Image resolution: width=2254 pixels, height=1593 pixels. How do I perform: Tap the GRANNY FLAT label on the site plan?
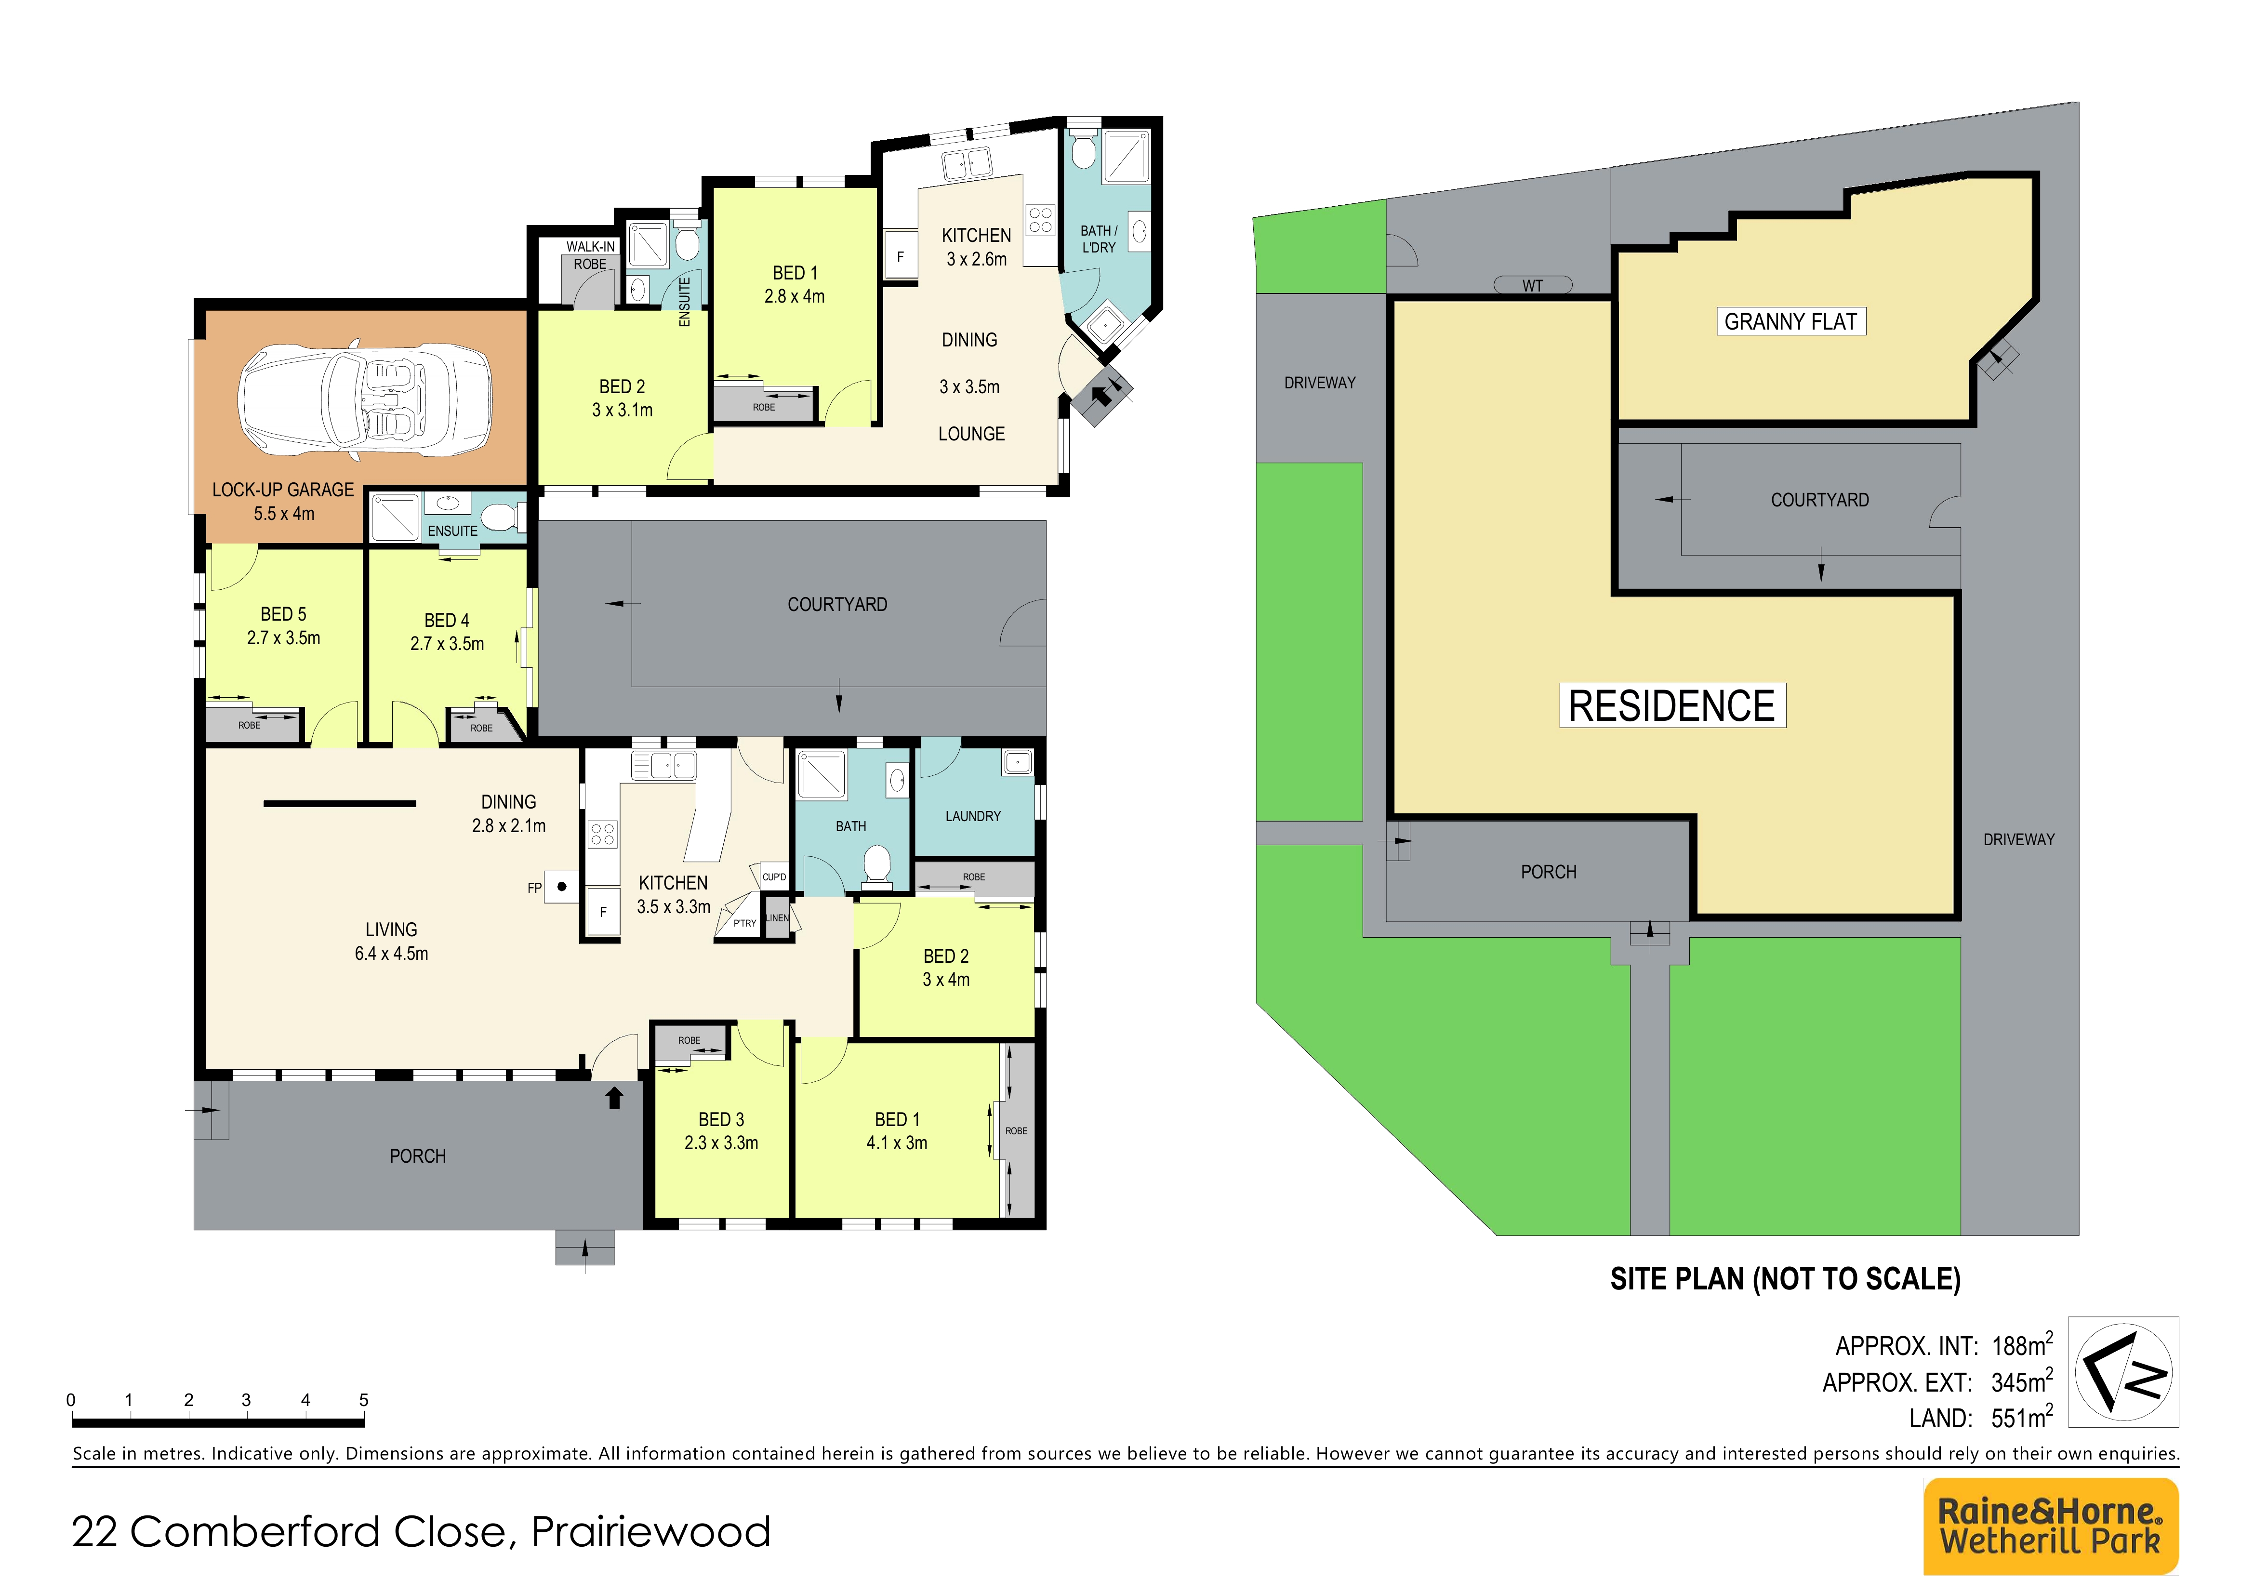pos(1790,322)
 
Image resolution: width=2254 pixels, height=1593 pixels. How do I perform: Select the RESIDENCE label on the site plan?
pos(1672,706)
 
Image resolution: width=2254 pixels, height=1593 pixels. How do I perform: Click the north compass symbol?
pos(2123,1371)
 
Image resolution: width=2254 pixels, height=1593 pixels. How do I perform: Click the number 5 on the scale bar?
pos(363,1400)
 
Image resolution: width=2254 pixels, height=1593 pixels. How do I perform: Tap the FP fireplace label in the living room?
pos(534,888)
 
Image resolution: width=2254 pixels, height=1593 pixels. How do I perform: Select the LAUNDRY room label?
pos(973,817)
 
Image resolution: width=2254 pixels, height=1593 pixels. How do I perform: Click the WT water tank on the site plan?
pos(1532,285)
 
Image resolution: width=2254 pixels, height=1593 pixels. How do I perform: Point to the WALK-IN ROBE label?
pos(590,255)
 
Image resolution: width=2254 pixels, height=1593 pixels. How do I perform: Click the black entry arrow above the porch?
pos(614,1097)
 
